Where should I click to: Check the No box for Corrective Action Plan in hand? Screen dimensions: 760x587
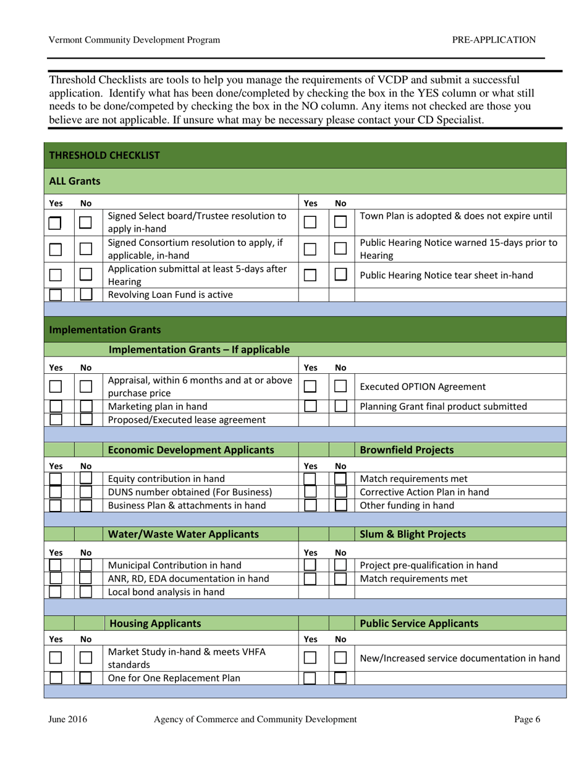(x=340, y=492)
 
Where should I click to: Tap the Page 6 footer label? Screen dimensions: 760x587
(x=527, y=719)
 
